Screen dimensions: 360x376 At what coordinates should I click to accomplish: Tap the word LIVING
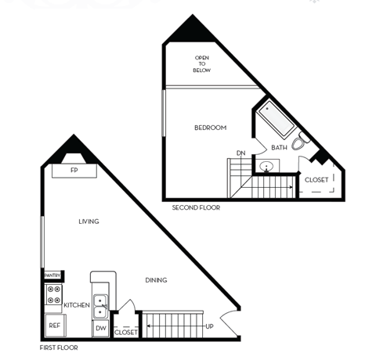pyautogui.click(x=89, y=221)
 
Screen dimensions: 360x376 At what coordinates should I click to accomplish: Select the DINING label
pyautogui.click(x=156, y=279)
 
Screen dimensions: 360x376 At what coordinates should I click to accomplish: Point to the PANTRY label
pyautogui.click(x=53, y=275)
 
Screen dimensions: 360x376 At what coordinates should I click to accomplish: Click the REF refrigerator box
pyautogui.click(x=55, y=325)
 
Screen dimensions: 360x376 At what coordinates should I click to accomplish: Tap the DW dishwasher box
pyautogui.click(x=101, y=328)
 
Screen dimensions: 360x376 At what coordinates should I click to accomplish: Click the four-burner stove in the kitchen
pyautogui.click(x=54, y=295)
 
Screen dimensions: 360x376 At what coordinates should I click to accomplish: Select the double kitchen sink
pyautogui.click(x=102, y=305)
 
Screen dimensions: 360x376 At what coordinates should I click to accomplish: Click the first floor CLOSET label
pyautogui.click(x=126, y=332)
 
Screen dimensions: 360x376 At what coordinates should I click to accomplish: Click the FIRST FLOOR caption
pyautogui.click(x=60, y=346)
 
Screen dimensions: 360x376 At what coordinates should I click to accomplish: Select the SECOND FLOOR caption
pyautogui.click(x=196, y=208)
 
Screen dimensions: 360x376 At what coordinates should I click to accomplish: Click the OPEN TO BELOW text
pyautogui.click(x=202, y=64)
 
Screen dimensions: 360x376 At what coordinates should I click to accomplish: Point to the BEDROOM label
pyautogui.click(x=211, y=128)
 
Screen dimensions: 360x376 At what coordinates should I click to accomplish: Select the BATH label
pyautogui.click(x=279, y=147)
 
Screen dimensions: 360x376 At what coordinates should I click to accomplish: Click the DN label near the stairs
pyautogui.click(x=240, y=153)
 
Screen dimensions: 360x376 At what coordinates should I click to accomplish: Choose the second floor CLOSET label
pyautogui.click(x=316, y=180)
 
